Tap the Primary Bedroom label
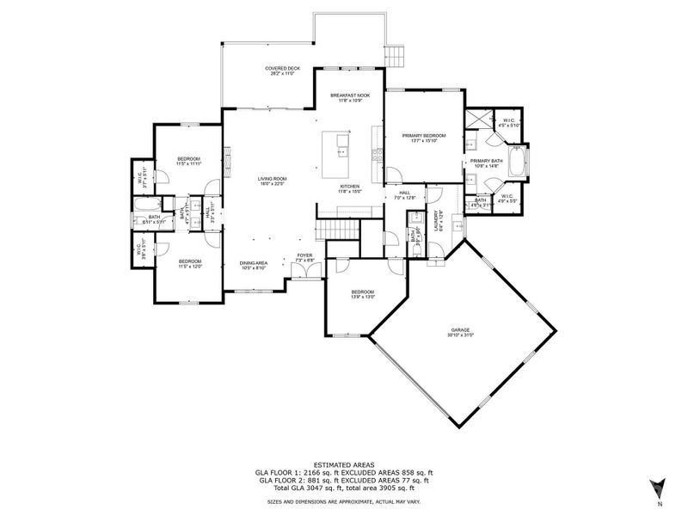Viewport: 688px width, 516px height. [423, 138]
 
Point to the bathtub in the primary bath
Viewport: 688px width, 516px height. [518, 162]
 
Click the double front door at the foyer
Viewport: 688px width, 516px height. [304, 272]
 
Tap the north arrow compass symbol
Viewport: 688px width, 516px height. [658, 488]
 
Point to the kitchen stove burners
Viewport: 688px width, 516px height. [376, 155]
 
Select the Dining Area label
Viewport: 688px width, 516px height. [255, 265]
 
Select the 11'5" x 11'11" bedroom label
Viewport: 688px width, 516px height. [189, 161]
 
